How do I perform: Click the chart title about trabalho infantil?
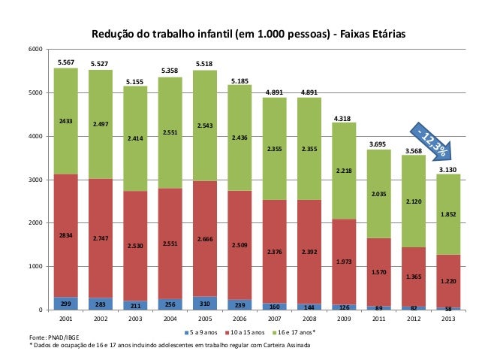248,35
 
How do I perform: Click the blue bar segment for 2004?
170,304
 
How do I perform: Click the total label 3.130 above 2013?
448,170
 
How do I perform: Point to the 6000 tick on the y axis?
34,49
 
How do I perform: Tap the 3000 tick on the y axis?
34,180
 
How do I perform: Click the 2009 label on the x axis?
344,319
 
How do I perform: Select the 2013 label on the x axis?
448,319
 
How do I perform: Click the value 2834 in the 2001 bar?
66,236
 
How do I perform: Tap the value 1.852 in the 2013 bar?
448,214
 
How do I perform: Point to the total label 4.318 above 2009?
344,118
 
